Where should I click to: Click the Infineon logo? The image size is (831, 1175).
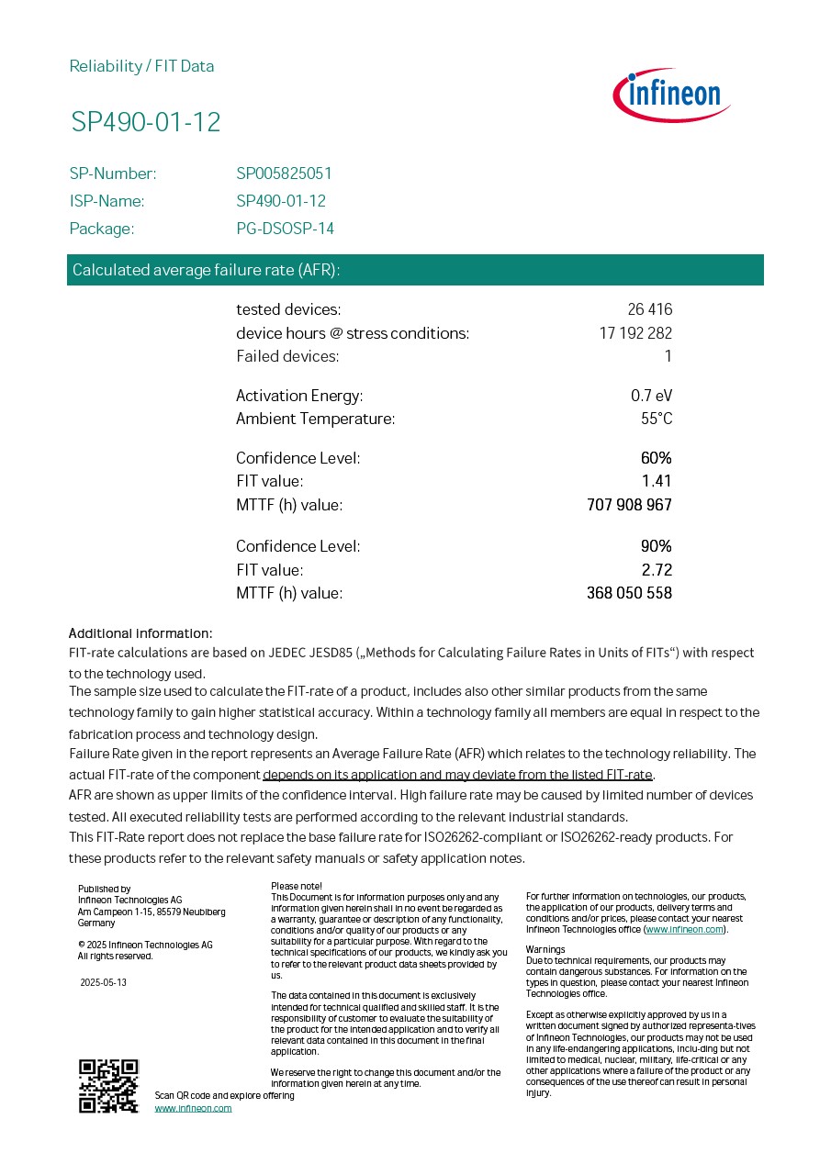671,95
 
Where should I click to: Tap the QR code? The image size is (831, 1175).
108,1086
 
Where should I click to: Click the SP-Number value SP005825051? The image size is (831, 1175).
284,173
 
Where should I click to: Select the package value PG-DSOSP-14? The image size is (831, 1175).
285,229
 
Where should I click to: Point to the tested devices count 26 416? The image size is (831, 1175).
649,309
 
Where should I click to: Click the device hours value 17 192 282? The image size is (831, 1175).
635,333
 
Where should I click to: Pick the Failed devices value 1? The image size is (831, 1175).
668,356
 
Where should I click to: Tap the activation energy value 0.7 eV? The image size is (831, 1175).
651,396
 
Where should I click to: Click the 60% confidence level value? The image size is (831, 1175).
656,458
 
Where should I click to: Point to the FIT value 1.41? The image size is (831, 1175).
657,481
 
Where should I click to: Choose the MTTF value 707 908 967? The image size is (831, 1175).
629,505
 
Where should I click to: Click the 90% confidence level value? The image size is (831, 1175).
656,546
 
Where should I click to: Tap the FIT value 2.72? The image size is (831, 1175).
657,570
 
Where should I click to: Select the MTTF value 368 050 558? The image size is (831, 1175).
629,593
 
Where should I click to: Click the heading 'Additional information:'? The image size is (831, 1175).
140,633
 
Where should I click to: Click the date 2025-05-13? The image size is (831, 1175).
103,982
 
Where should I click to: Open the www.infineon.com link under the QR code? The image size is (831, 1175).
193,1108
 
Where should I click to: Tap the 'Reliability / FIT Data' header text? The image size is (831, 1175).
141,66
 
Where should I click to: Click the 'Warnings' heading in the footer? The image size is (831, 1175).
545,949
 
